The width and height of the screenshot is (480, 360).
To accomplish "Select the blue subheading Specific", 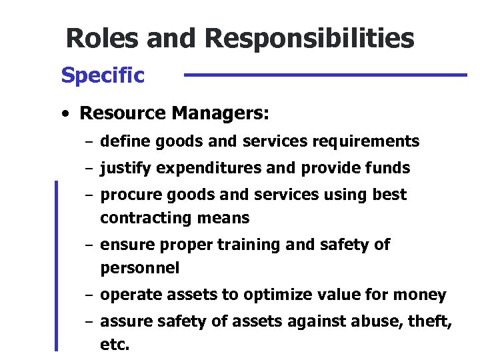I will point(102,76).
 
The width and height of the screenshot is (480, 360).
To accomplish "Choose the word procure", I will point(125,195).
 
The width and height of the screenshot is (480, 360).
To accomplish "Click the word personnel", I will point(139,268).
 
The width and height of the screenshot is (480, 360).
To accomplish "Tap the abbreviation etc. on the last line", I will point(115,346).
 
